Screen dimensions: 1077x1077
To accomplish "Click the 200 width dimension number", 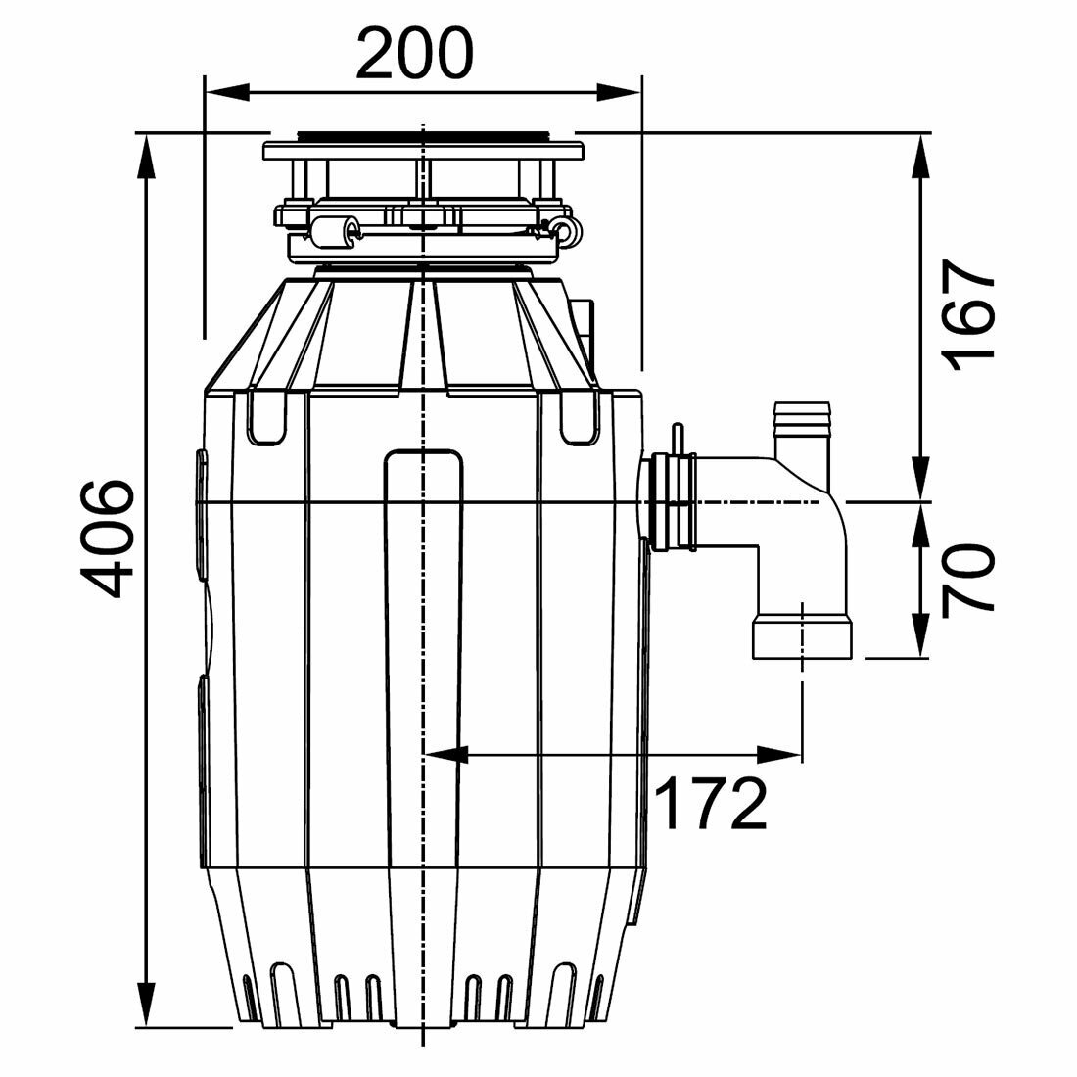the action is tap(415, 54).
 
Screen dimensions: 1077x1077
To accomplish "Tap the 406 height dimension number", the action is tap(105, 538).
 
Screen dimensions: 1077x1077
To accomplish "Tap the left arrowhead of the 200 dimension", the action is tap(227, 92).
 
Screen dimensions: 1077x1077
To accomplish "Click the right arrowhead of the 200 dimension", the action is tap(619, 92).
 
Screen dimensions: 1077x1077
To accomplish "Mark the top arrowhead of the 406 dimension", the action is tap(147, 156).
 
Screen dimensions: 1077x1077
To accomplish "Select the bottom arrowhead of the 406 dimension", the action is tap(147, 1006).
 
